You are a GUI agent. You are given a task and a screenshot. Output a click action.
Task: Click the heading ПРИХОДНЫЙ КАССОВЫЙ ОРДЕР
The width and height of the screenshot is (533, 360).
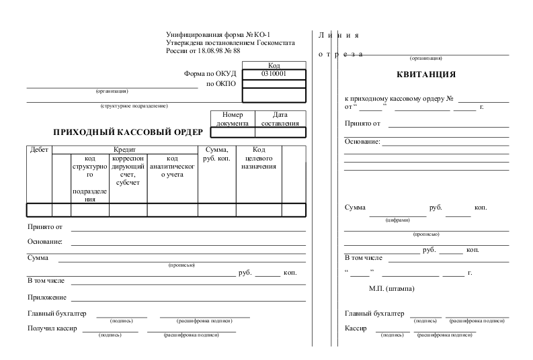(x=128, y=132)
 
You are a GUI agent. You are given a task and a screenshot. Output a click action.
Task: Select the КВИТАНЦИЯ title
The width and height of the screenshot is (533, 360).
(x=425, y=75)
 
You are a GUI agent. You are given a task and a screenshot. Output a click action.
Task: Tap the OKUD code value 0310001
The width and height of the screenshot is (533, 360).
(x=274, y=74)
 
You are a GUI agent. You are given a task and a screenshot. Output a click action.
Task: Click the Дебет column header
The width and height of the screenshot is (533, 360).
(x=40, y=150)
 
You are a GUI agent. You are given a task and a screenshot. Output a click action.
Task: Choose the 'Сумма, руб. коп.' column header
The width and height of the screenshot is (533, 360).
(x=216, y=154)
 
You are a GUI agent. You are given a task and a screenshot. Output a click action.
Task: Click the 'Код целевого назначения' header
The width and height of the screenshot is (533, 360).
(x=259, y=158)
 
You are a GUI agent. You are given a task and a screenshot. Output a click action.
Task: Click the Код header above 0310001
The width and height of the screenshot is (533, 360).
(x=274, y=66)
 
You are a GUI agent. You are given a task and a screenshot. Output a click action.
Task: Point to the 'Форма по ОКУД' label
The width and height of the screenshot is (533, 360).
(x=210, y=74)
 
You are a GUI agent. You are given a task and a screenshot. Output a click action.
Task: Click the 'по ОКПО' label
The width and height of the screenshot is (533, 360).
(x=221, y=84)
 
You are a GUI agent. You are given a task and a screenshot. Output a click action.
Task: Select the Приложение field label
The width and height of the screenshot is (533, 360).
(x=47, y=297)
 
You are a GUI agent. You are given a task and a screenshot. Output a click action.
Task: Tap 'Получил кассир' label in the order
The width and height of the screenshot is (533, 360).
(x=52, y=328)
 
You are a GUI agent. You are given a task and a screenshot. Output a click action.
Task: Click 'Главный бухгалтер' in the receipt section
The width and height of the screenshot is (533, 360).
(x=374, y=314)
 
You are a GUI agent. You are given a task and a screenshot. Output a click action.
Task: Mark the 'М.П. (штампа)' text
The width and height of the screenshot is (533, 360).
(x=391, y=289)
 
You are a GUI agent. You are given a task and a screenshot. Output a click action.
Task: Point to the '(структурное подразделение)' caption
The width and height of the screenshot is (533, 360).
(x=134, y=106)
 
